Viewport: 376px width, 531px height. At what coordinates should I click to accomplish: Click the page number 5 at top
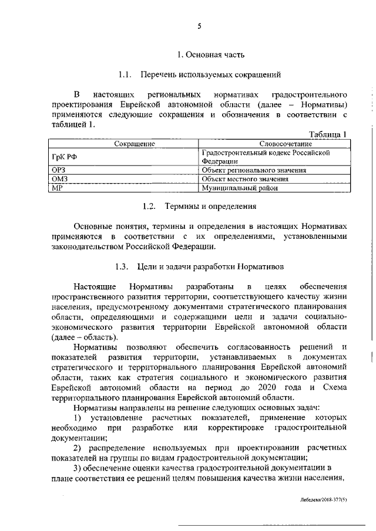[x=199, y=26]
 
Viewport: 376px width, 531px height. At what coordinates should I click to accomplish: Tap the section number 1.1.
[x=123, y=75]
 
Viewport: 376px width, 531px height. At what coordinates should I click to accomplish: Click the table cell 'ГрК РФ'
[x=64, y=156]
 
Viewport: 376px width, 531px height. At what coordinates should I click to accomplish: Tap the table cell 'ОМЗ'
[x=61, y=178]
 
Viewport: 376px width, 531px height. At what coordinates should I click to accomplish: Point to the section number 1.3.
[x=121, y=266]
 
